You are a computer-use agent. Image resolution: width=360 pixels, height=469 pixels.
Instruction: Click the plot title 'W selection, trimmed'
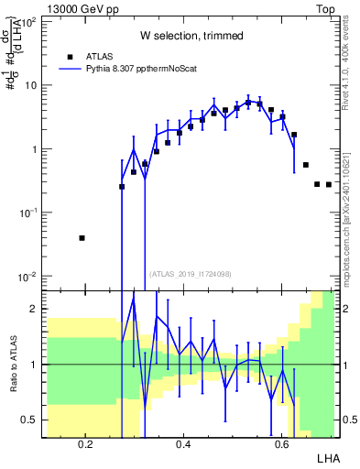coord(191,36)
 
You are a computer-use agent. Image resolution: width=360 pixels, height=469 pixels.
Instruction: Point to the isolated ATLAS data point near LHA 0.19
coord(82,238)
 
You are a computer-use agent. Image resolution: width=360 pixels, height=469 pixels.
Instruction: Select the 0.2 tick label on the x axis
coord(85,445)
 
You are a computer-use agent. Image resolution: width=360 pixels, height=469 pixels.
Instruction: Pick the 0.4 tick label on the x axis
coord(183,445)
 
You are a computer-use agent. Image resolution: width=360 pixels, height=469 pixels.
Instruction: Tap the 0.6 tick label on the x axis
coord(281,445)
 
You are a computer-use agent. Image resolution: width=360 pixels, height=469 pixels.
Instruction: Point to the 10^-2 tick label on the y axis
coord(27,277)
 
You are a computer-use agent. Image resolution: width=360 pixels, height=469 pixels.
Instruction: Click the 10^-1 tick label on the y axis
coord(27,213)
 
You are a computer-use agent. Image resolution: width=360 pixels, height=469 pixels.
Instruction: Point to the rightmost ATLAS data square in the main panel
coord(329,184)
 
